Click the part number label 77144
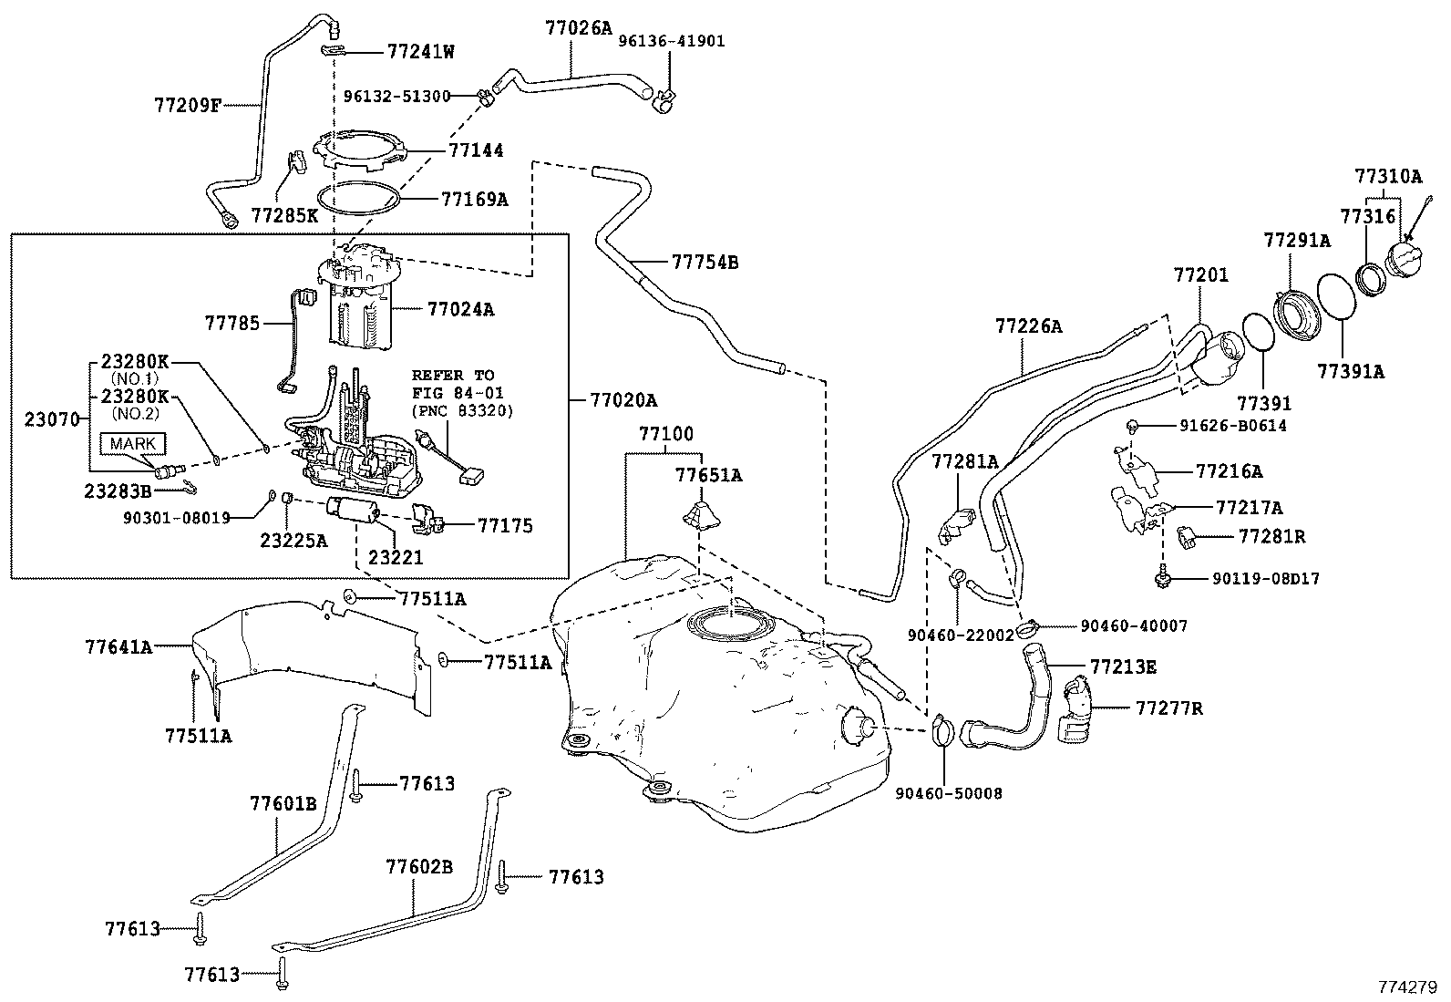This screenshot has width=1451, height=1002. [475, 150]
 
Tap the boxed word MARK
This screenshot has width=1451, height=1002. [134, 444]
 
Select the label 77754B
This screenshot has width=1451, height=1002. [705, 263]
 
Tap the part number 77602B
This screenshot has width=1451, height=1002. [418, 866]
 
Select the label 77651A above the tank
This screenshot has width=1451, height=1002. [708, 475]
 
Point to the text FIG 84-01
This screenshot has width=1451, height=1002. [457, 393]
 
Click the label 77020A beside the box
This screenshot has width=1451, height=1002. [623, 399]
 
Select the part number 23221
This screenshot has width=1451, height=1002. [396, 557]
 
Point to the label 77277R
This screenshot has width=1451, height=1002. [1168, 708]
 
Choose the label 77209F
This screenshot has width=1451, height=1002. [188, 104]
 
